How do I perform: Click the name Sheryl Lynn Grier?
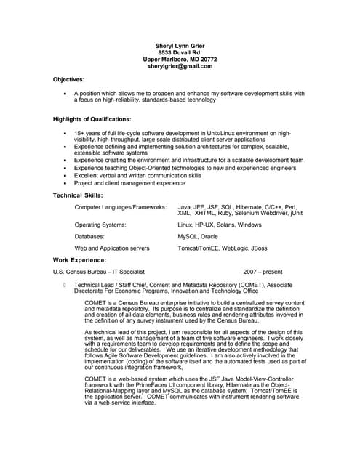pos(180,45)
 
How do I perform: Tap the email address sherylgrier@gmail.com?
pos(180,66)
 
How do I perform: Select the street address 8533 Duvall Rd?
pos(180,52)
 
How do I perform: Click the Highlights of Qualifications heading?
pos(92,118)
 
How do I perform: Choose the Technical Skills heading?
pos(79,195)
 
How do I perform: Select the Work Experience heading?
pos(80,259)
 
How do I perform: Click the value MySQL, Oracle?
pos(198,237)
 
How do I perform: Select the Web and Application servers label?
pos(112,248)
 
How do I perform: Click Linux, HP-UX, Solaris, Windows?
pos(220,225)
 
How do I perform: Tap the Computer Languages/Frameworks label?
pos(121,207)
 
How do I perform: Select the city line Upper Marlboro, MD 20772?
pos(180,60)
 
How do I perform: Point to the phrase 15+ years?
pos(88,134)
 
